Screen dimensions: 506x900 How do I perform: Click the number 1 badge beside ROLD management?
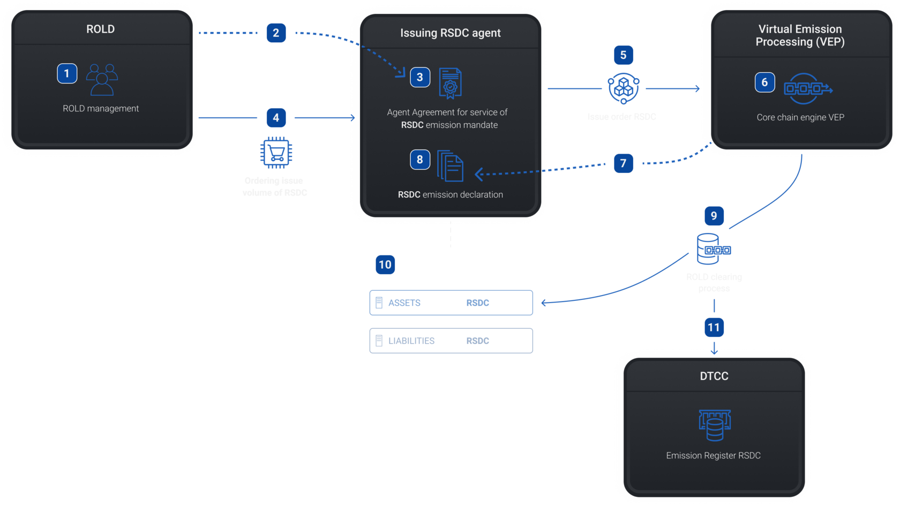tap(67, 73)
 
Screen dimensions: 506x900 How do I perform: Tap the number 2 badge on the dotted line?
tap(276, 33)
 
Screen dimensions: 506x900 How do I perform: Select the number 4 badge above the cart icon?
tap(276, 118)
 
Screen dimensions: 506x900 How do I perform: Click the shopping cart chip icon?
tap(276, 153)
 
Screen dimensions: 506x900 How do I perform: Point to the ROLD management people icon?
tap(102, 79)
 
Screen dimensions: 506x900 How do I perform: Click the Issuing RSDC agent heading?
tap(450, 33)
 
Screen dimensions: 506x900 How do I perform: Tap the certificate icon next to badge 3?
tap(450, 83)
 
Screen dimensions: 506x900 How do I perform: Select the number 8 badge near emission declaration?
tap(420, 160)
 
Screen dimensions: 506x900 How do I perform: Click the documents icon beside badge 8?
tap(450, 166)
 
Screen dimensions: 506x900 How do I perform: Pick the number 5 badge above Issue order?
tap(623, 55)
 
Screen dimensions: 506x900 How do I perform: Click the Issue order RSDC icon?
tap(623, 88)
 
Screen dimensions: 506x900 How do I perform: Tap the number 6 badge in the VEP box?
tap(764, 82)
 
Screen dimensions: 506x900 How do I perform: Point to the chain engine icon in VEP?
tap(808, 88)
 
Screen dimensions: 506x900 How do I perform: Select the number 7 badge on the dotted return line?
tap(623, 163)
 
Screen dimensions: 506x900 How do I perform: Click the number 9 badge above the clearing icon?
tap(714, 216)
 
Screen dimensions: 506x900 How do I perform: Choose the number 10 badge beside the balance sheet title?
tap(385, 265)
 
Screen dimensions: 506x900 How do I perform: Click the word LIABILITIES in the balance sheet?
tap(411, 341)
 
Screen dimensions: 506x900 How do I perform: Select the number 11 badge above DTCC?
tap(714, 327)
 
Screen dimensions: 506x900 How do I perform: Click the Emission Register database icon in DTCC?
tap(715, 425)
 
